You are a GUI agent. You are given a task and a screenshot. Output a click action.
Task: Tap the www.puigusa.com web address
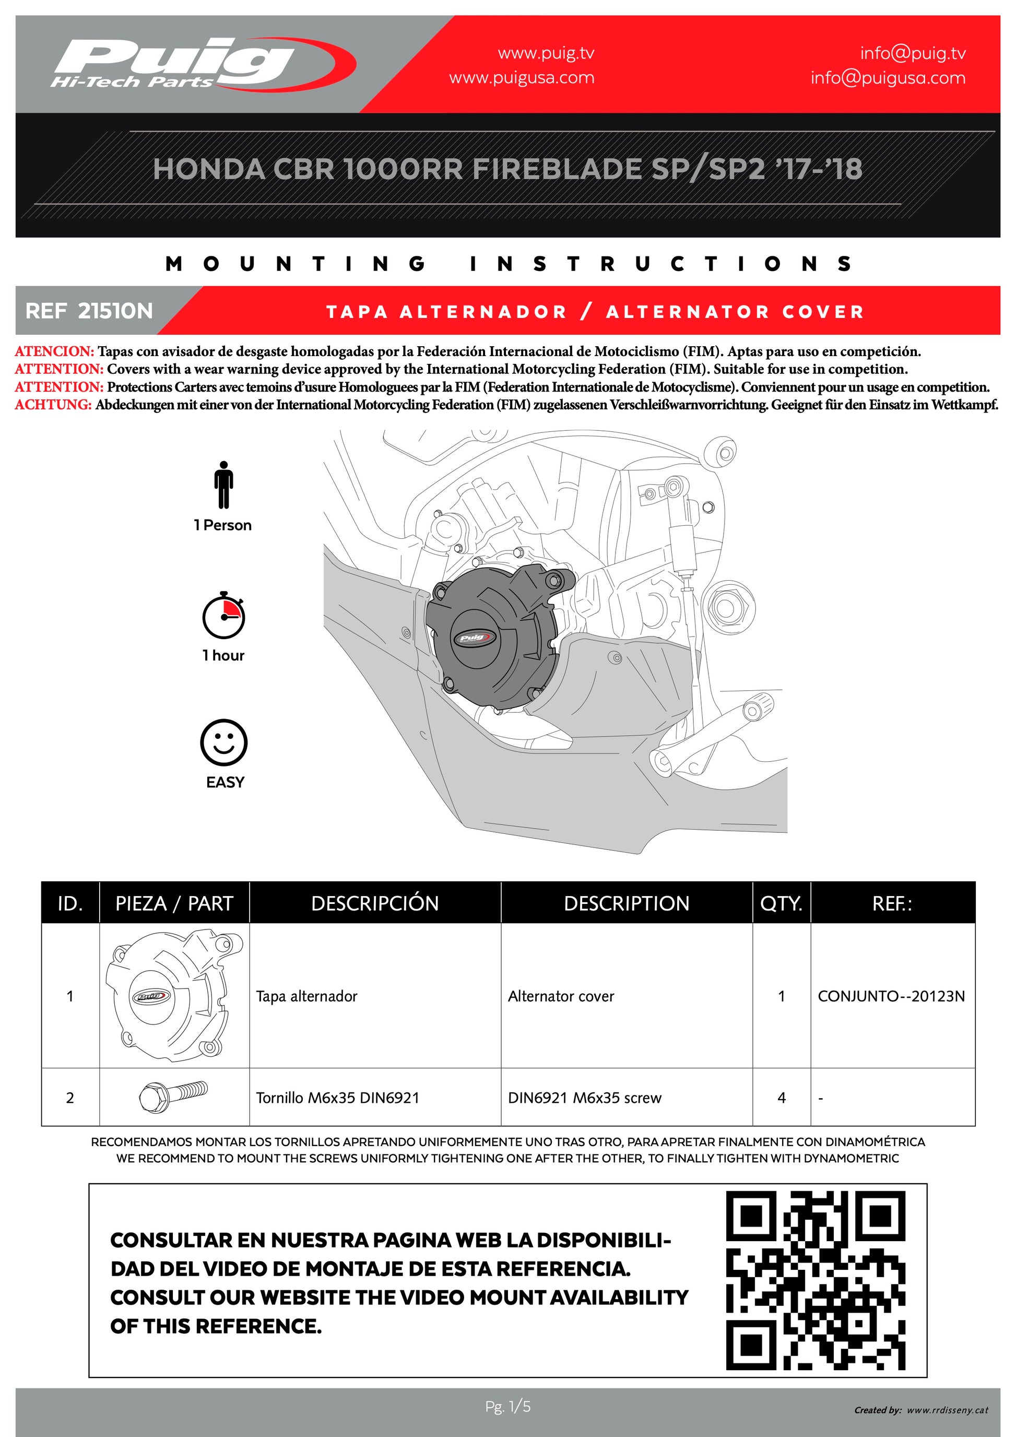[x=522, y=78]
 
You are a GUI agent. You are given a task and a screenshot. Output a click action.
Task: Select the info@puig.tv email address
[x=912, y=53]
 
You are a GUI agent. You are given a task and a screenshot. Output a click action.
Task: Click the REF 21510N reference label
[x=89, y=311]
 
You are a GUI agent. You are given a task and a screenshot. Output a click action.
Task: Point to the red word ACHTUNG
[x=53, y=405]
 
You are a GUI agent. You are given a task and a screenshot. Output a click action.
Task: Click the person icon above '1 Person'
[x=223, y=485]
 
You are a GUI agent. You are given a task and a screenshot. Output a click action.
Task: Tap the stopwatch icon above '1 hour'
[x=223, y=615]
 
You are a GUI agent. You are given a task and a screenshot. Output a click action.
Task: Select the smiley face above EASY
[x=223, y=743]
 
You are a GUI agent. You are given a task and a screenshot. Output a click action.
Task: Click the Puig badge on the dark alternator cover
[x=474, y=638]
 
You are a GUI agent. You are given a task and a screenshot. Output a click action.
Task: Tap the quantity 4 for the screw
[x=782, y=1098]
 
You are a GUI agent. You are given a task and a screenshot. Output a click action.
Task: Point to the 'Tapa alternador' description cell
[x=306, y=996]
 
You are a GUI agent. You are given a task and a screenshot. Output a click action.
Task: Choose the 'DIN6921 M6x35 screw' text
[x=584, y=1098]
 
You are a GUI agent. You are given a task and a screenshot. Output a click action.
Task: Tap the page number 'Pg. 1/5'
[x=508, y=1407]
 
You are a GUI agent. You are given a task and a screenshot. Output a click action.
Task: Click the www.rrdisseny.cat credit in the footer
[x=947, y=1410]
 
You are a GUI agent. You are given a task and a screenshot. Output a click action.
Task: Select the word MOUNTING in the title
[x=297, y=264]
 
